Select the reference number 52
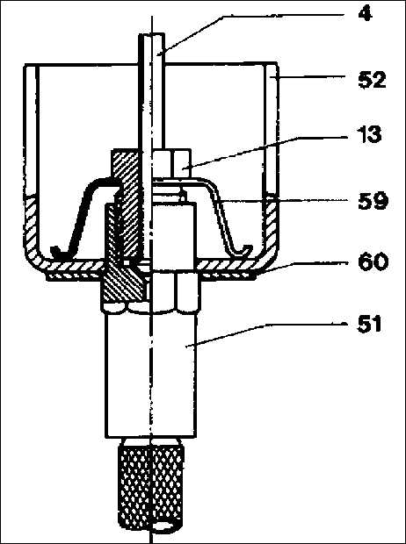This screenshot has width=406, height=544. coord(372,81)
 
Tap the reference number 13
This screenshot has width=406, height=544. coord(369,134)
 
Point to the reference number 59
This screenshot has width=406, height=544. coord(373,201)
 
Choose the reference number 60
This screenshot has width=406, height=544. coord(373,262)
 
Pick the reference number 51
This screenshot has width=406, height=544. coord(370,325)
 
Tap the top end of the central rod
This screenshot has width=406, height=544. coord(152,34)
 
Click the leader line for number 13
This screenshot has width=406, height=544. coord(265,154)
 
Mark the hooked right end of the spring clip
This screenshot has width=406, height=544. coord(245,249)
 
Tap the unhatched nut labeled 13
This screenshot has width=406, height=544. coord(172,163)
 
